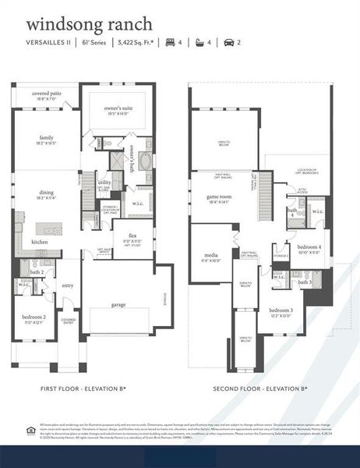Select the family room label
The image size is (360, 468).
47,137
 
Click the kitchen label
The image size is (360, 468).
40,242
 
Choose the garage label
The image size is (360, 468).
118,305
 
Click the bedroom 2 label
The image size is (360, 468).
34,317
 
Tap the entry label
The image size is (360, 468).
68,285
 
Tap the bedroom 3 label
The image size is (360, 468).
281,310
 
